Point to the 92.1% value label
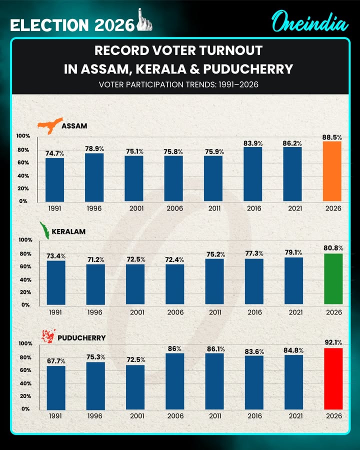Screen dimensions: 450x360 (x=333, y=342)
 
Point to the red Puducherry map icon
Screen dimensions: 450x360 (x=48, y=336)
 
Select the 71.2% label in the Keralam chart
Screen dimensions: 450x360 (x=95, y=259)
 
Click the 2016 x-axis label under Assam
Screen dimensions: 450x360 (x=254, y=208)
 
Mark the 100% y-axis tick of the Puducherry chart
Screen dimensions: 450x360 (x=24, y=343)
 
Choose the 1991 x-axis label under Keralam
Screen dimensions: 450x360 (x=55, y=312)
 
